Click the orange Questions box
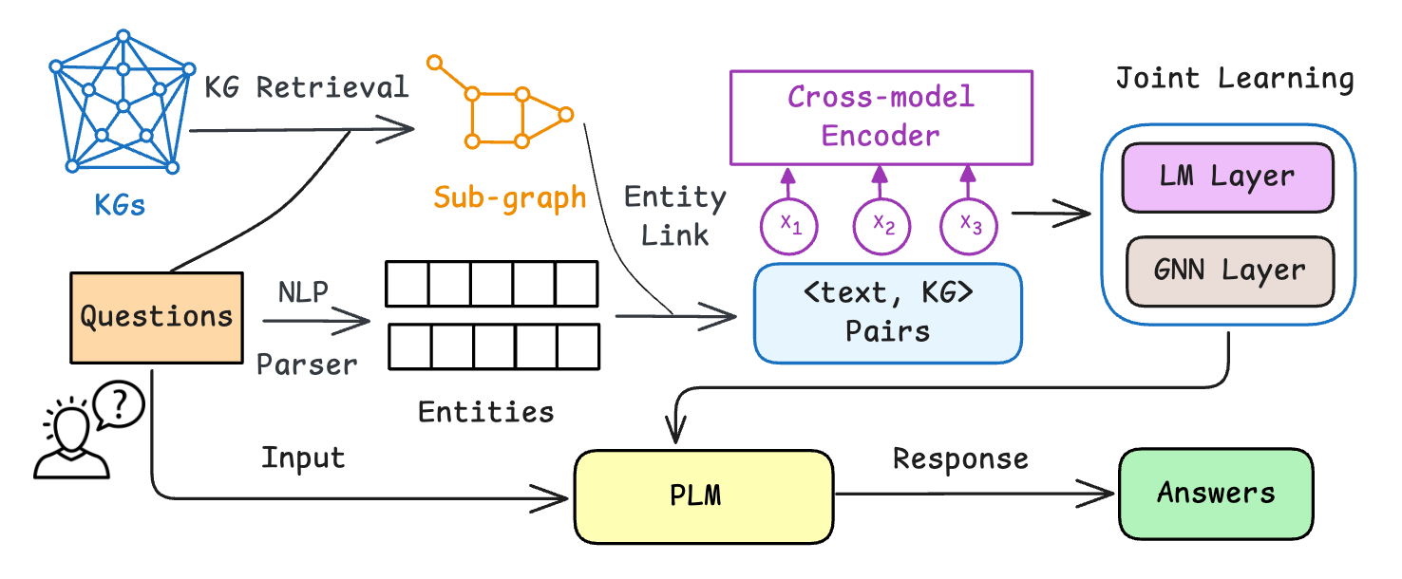[157, 317]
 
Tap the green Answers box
[1216, 494]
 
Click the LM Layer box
[1228, 177]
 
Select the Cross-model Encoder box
[880, 116]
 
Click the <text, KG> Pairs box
[887, 313]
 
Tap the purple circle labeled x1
[789, 226]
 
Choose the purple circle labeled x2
[881, 226]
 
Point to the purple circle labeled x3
[969, 226]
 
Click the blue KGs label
[120, 204]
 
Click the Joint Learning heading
[1234, 79]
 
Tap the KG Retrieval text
[307, 87]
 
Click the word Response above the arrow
[960, 459]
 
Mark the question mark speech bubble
[122, 407]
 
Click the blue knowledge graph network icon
[121, 104]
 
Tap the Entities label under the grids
[485, 412]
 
